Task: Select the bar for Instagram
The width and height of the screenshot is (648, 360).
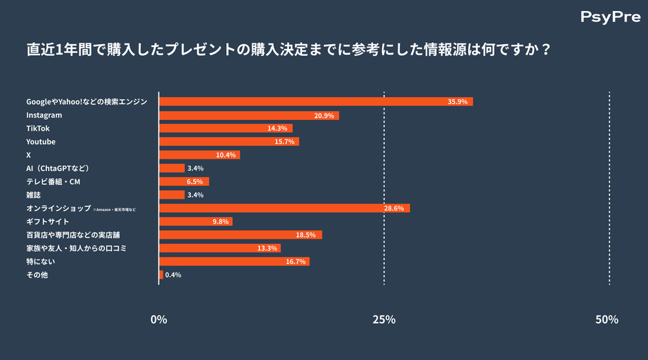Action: click(249, 115)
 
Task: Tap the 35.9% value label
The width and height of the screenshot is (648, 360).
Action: click(457, 102)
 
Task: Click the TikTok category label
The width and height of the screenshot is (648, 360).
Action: click(38, 128)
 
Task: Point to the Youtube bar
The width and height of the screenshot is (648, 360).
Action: click(229, 141)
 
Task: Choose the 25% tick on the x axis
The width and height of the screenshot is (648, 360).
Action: click(384, 319)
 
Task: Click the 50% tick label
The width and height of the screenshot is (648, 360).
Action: click(607, 319)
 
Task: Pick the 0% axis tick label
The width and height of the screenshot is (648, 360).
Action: click(159, 319)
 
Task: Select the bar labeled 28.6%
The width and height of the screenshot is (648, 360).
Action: click(285, 208)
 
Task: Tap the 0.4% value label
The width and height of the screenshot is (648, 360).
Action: click(173, 274)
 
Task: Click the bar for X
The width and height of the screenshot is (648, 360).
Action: click(199, 155)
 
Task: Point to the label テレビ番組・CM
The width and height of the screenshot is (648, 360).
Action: click(54, 181)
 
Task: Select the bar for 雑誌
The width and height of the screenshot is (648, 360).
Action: click(172, 195)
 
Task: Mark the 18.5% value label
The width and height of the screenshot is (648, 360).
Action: click(305, 235)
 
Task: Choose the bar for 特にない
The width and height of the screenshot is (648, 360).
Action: click(234, 261)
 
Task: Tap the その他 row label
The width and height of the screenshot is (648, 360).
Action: click(37, 274)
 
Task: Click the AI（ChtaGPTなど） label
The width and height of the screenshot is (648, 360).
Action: click(59, 168)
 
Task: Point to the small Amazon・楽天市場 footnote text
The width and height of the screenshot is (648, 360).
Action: click(114, 209)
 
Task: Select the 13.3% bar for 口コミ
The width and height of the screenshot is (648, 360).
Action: click(220, 248)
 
